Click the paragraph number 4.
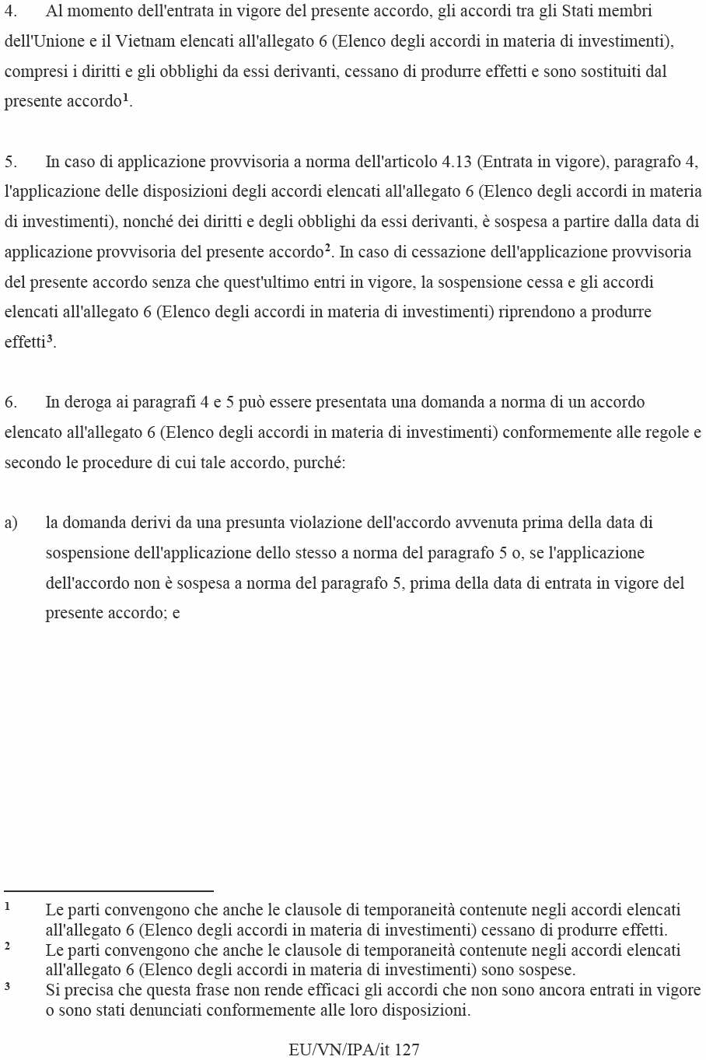pos(10,12)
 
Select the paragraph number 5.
pos(10,162)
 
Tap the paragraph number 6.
pos(10,402)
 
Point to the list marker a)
pos(11,523)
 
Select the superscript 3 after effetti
pos(50,338)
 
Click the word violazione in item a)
pos(324,523)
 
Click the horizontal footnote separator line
pos(109,891)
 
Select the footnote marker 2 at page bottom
pos(7,946)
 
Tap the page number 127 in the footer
pos(407,1050)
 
